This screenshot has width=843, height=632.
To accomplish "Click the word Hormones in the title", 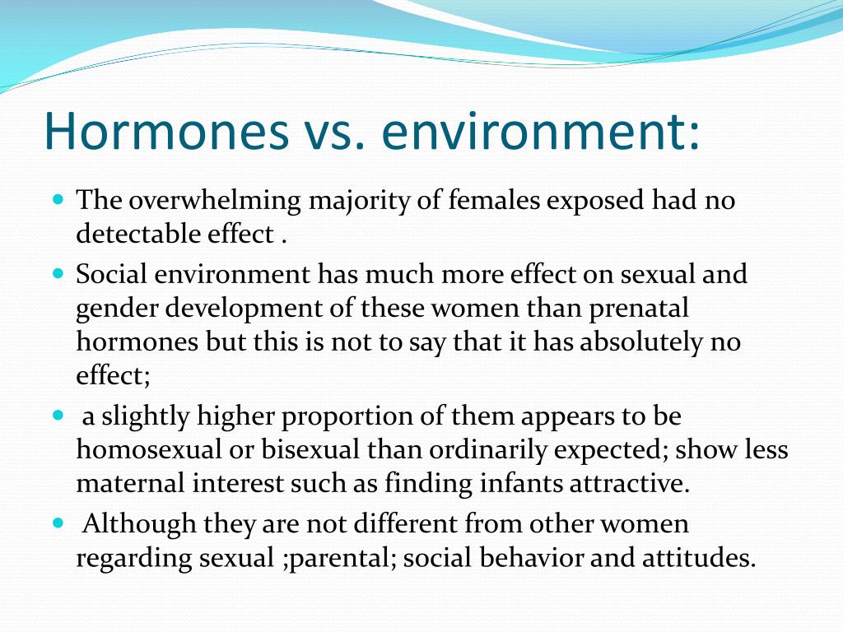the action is (x=167, y=131).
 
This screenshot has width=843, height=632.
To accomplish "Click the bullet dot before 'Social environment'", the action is (x=58, y=272).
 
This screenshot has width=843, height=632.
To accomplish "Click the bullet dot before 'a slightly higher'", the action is (x=58, y=415).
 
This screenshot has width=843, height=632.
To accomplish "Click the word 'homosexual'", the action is (x=149, y=449).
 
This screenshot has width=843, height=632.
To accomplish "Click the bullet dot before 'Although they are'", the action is (x=58, y=523).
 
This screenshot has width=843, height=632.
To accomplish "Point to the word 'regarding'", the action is (x=134, y=559).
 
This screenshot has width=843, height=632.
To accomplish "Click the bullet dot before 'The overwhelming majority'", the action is (x=58, y=199).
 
